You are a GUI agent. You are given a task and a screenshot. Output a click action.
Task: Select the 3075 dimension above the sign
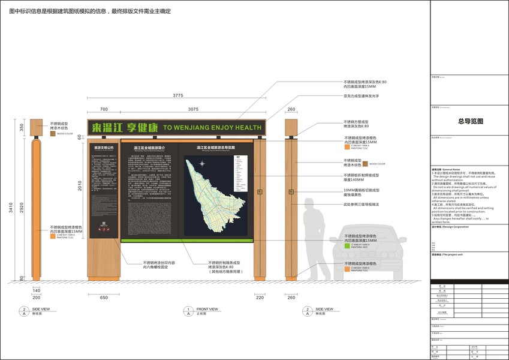[x=192, y=109]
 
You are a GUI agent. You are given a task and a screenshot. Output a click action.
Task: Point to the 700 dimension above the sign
[x=104, y=109]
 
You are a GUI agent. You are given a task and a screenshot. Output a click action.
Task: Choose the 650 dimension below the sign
[x=104, y=297]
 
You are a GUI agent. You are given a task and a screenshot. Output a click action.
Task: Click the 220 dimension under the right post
[x=260, y=297]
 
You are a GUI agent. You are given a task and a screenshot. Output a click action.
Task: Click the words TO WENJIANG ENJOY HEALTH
[x=212, y=128]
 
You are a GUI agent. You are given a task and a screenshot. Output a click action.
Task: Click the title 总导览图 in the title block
[x=470, y=121]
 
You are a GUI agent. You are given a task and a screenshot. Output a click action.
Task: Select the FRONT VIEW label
[x=207, y=309]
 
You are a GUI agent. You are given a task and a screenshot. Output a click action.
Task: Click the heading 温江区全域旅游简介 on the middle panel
[x=150, y=146]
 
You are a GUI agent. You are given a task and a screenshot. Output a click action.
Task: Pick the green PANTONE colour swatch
[x=347, y=245]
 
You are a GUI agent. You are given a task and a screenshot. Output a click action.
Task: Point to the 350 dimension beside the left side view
[x=22, y=128]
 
